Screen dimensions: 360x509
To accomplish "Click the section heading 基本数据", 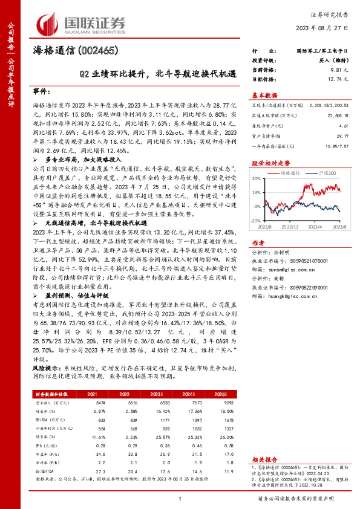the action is click(x=264, y=96).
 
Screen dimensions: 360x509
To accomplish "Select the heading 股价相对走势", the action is click(x=266, y=163).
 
